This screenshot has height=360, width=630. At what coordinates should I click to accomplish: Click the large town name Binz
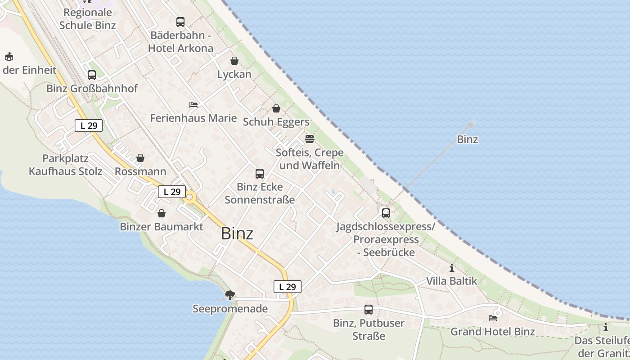pyautogui.click(x=237, y=234)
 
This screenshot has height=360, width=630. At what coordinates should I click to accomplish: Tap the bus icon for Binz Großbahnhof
pyautogui.click(x=92, y=75)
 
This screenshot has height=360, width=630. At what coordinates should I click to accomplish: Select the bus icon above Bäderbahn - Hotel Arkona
pyautogui.click(x=180, y=22)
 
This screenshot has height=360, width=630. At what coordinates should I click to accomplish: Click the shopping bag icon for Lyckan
pyautogui.click(x=234, y=61)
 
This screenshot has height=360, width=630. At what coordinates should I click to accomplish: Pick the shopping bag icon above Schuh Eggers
pyautogui.click(x=276, y=108)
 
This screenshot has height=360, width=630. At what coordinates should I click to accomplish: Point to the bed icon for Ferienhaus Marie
pyautogui.click(x=193, y=105)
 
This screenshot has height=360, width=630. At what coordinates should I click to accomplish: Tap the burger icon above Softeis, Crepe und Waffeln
pyautogui.click(x=310, y=139)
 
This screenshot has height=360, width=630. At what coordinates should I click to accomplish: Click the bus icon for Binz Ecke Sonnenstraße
pyautogui.click(x=260, y=174)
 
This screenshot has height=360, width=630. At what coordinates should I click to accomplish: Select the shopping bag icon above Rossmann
pyautogui.click(x=140, y=158)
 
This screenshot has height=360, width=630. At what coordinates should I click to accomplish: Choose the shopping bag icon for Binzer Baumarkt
pyautogui.click(x=162, y=213)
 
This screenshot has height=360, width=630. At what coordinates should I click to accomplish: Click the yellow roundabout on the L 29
pyautogui.click(x=190, y=197)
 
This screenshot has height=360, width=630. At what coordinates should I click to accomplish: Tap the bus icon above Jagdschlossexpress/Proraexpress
pyautogui.click(x=386, y=213)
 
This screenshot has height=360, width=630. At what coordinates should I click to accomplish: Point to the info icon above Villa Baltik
pyautogui.click(x=452, y=268)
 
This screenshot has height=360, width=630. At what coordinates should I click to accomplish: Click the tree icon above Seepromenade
pyautogui.click(x=230, y=295)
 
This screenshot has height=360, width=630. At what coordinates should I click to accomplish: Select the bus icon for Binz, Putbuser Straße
pyautogui.click(x=369, y=310)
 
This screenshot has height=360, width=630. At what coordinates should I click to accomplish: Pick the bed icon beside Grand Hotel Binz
pyautogui.click(x=493, y=318)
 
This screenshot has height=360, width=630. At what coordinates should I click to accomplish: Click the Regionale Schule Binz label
pyautogui.click(x=88, y=19)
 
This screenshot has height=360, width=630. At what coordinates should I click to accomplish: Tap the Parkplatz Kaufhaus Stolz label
pyautogui.click(x=66, y=165)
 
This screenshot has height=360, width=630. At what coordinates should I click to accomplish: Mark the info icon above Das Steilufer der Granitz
pyautogui.click(x=606, y=327)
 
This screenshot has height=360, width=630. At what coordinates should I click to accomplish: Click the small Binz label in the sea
pyautogui.click(x=468, y=139)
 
